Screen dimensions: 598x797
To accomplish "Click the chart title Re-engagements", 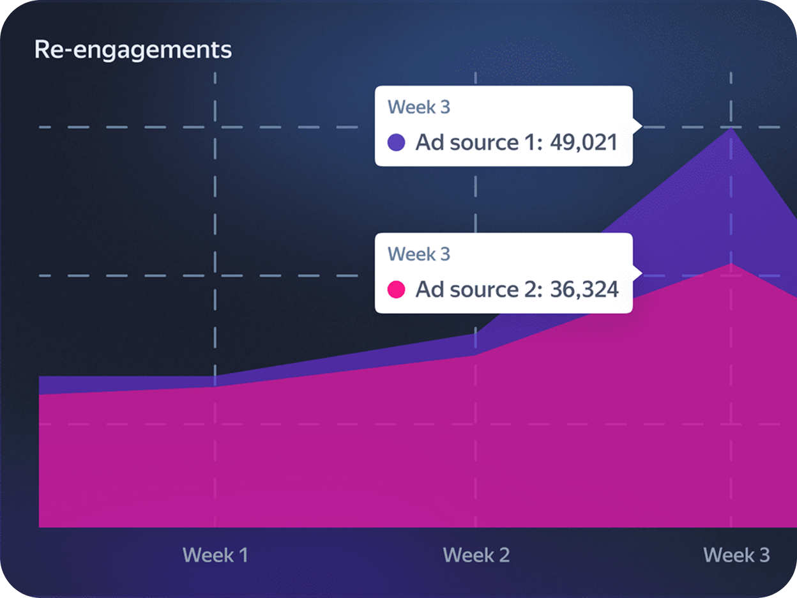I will point(133,50).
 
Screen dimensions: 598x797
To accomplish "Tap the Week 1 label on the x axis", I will point(215,555).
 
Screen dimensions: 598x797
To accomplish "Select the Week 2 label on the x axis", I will point(476,555).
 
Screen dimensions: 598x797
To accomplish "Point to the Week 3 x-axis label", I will point(736,555).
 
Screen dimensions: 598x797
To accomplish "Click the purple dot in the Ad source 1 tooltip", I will point(397,142).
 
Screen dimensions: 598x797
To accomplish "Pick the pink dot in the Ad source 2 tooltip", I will point(397,289).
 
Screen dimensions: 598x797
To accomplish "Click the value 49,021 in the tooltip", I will point(584,142).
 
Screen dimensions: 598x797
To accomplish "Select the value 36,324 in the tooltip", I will point(584,289).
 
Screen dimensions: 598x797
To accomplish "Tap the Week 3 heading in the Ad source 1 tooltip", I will point(419,107).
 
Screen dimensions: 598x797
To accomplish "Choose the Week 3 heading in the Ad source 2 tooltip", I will point(419,254).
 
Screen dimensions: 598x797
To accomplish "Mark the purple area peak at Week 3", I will point(731,128).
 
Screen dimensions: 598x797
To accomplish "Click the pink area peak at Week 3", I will point(731,263).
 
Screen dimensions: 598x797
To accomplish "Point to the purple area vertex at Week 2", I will point(476,333).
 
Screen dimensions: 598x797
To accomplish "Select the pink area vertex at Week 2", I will point(476,355).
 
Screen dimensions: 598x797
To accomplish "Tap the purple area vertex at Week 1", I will point(215,376).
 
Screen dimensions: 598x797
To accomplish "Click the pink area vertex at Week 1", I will point(215,387).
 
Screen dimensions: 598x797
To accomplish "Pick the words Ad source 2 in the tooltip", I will point(476,289).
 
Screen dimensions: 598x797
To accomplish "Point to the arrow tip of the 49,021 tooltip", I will point(641,125).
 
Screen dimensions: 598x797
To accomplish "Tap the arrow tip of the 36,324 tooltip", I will point(641,273).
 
